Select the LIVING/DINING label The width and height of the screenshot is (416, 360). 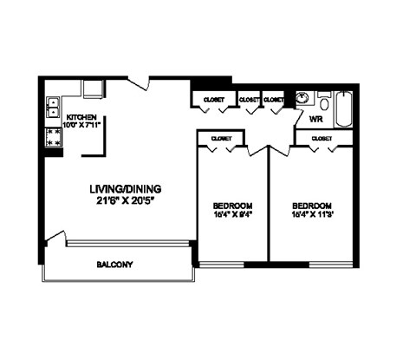pos(126,189)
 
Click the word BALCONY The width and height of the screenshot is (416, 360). pos(114,265)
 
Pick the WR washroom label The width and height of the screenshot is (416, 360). pos(316,117)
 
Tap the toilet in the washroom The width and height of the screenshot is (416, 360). pos(323,98)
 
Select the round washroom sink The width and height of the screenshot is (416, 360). pos(302,98)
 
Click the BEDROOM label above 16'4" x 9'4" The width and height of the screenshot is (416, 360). pos(232,206)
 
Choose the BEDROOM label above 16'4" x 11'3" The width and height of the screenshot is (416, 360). pos(311,206)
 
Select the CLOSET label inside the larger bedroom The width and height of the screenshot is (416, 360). pos(322,137)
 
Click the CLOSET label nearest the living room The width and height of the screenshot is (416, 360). pos(213,100)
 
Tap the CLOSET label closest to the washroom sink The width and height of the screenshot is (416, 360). pos(275,100)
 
